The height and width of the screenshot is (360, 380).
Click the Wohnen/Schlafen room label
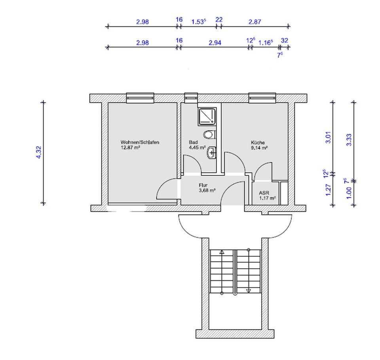coord(140,142)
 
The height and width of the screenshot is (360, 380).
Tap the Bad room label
coord(193,142)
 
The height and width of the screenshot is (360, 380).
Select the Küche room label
coord(258,143)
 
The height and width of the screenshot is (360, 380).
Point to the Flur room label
coord(203,185)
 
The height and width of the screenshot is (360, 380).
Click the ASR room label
coord(264,193)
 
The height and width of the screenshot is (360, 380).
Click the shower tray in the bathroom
coord(207,116)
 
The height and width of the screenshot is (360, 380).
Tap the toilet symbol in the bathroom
coord(209,135)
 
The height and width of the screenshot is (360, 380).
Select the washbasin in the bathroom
coord(211,153)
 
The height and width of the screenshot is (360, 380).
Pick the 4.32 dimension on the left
coord(39,152)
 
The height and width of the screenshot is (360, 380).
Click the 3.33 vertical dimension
coord(349,140)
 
